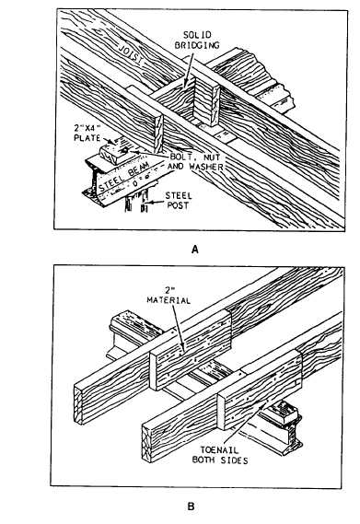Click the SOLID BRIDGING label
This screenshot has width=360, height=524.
point(197,41)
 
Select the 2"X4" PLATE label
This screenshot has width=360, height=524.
point(87,133)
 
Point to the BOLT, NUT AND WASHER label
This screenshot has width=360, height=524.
point(195,161)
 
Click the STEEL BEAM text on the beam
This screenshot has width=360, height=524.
point(123,177)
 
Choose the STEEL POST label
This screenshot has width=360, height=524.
point(179,200)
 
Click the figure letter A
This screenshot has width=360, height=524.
point(195,250)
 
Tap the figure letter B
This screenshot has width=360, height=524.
point(191,507)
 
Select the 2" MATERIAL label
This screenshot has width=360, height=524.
point(168,296)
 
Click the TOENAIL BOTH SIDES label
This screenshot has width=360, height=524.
point(220,455)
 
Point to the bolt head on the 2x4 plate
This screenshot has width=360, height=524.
point(124,151)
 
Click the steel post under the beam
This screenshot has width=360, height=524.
point(136,203)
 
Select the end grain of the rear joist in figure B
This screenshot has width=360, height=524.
point(78,404)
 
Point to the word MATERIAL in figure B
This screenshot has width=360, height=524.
point(168,300)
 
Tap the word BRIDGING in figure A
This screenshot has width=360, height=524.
point(197,45)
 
